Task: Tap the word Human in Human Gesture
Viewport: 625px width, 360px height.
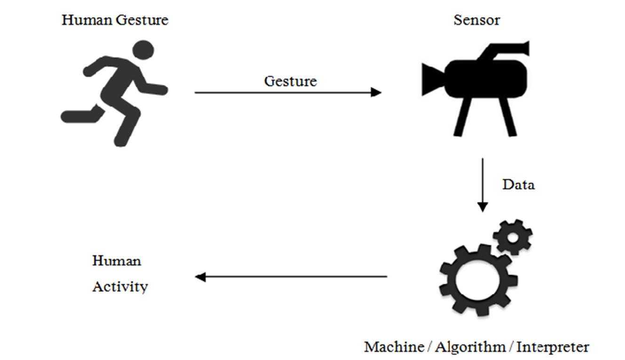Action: pos(82,20)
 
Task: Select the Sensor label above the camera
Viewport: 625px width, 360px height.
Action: pos(476,20)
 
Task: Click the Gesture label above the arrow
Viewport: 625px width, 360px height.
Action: pos(290,81)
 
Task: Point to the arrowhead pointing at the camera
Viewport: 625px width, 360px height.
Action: pos(376,92)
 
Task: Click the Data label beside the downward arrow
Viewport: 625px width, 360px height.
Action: pos(518,184)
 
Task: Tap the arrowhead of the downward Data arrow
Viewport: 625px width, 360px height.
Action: pos(482,207)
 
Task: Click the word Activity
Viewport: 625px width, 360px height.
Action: pos(120,287)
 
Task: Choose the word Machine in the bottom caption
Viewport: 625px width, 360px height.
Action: pos(394,347)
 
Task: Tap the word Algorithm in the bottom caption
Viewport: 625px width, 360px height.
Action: pos(470,347)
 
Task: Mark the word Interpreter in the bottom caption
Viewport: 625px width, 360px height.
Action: pos(553,347)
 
